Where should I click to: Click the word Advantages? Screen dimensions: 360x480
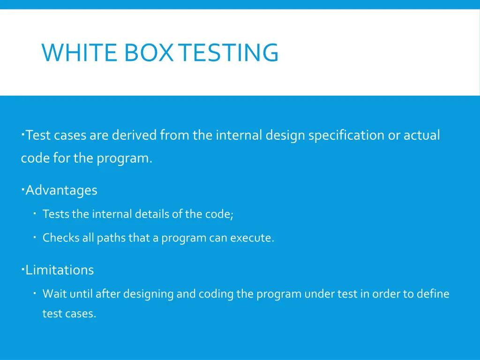click(x=61, y=190)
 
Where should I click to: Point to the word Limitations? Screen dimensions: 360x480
click(x=60, y=270)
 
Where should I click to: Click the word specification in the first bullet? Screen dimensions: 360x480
click(x=346, y=135)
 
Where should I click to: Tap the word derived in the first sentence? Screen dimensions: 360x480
click(x=135, y=135)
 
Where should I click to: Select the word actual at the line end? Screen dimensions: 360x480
click(x=422, y=135)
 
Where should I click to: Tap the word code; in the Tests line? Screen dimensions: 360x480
click(x=219, y=214)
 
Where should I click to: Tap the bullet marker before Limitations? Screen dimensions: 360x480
click(x=22, y=268)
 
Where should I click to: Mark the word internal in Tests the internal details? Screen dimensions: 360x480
click(x=112, y=214)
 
